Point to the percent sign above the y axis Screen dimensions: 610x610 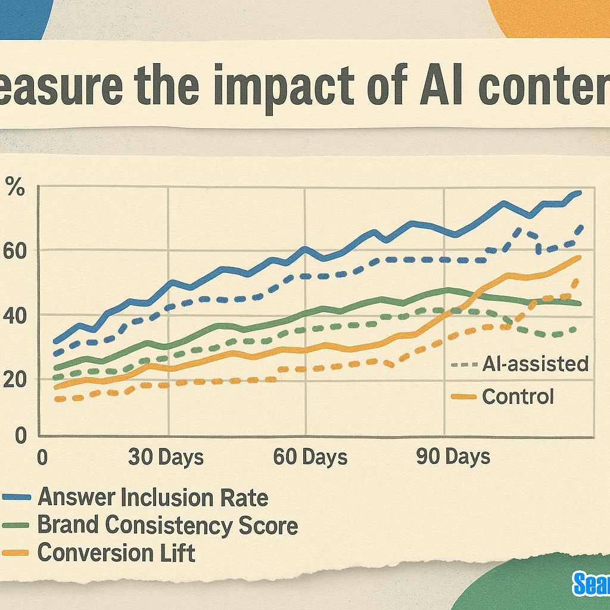click(x=15, y=188)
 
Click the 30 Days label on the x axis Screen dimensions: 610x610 click(x=166, y=457)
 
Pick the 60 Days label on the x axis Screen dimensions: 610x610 click(x=310, y=457)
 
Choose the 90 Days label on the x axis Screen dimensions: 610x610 click(x=453, y=457)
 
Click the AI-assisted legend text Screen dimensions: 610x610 click(x=535, y=363)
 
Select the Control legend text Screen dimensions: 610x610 click(x=518, y=396)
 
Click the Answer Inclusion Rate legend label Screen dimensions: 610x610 click(x=152, y=497)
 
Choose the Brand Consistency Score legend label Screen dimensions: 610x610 click(x=167, y=525)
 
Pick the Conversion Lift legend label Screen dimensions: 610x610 click(x=116, y=553)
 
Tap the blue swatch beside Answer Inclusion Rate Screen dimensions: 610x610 click(x=15, y=497)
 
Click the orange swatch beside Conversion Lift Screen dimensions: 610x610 click(x=15, y=553)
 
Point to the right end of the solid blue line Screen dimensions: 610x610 click(x=580, y=192)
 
